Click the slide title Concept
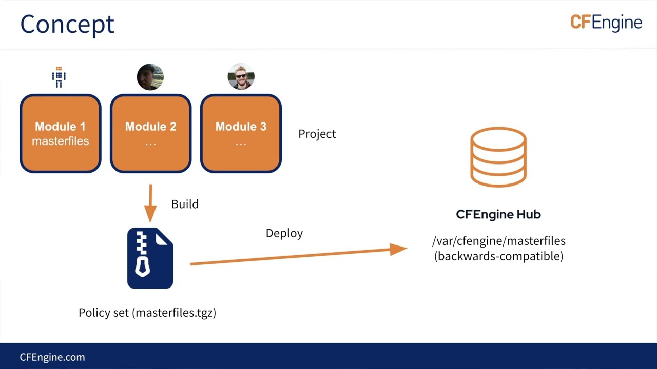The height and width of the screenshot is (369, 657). click(67, 25)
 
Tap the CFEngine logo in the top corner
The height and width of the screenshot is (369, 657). click(606, 23)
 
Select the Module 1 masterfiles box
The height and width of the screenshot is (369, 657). click(61, 133)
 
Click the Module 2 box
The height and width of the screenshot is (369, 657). click(150, 133)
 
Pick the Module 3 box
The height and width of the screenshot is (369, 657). click(241, 133)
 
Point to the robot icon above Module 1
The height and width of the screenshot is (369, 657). click(59, 77)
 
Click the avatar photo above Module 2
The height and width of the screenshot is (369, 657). click(150, 77)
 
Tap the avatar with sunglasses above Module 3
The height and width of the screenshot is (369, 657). click(241, 77)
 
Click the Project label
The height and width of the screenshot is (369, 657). click(317, 134)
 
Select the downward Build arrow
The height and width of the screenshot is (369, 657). click(150, 203)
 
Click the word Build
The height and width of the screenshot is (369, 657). click(185, 204)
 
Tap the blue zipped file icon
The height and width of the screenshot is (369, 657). click(150, 258)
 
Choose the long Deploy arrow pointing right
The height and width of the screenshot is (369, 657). click(298, 256)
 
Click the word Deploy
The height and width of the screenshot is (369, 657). click(284, 233)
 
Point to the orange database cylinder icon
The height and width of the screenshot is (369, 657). click(498, 157)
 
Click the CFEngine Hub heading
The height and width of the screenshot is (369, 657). click(498, 214)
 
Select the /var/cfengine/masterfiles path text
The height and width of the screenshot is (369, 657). click(498, 241)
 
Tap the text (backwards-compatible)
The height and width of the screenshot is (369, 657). click(498, 256)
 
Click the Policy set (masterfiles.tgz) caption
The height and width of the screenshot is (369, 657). click(147, 313)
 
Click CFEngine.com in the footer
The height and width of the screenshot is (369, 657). click(52, 357)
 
